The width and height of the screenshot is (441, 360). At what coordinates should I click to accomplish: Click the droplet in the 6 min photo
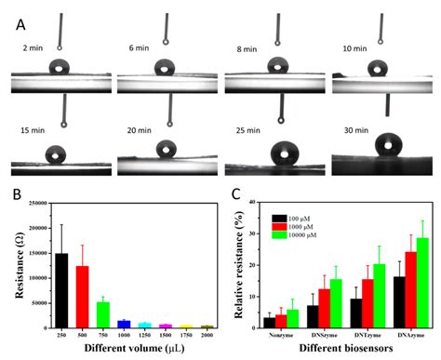(165, 67)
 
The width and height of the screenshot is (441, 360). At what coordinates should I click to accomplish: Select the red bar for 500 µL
(81, 296)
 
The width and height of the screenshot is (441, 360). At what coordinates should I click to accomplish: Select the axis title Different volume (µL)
(127, 350)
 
